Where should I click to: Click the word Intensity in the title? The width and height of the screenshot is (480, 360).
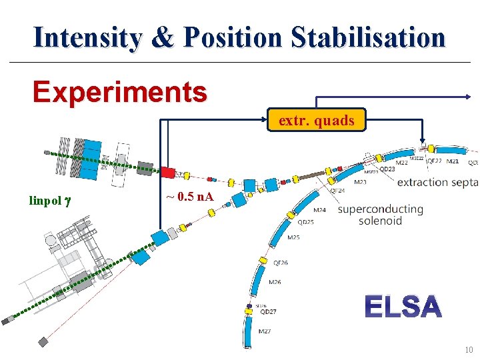point(87,37)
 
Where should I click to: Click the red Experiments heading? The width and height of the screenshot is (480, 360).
point(120,92)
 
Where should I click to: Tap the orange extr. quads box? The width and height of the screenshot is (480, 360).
point(316,121)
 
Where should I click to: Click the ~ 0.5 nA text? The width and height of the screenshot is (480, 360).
point(189,197)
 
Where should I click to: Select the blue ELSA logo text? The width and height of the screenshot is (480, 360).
point(403,307)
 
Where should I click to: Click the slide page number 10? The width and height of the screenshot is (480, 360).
point(469,350)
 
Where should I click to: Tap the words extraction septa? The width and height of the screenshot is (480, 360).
point(437,183)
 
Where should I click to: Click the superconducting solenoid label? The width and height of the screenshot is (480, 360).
point(380,215)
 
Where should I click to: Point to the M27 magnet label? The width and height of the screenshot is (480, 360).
point(265,331)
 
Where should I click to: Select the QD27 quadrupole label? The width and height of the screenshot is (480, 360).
point(268,311)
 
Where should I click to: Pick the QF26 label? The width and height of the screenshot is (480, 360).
point(281,263)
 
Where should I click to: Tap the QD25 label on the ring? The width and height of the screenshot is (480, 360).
point(305,222)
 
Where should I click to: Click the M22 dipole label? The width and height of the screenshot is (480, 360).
point(402,163)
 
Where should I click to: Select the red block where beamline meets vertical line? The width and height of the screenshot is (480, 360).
point(167,173)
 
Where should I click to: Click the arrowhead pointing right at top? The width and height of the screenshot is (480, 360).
point(467,97)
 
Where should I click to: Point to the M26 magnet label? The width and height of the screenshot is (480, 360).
point(275,282)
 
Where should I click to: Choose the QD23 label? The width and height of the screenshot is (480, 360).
point(387,169)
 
